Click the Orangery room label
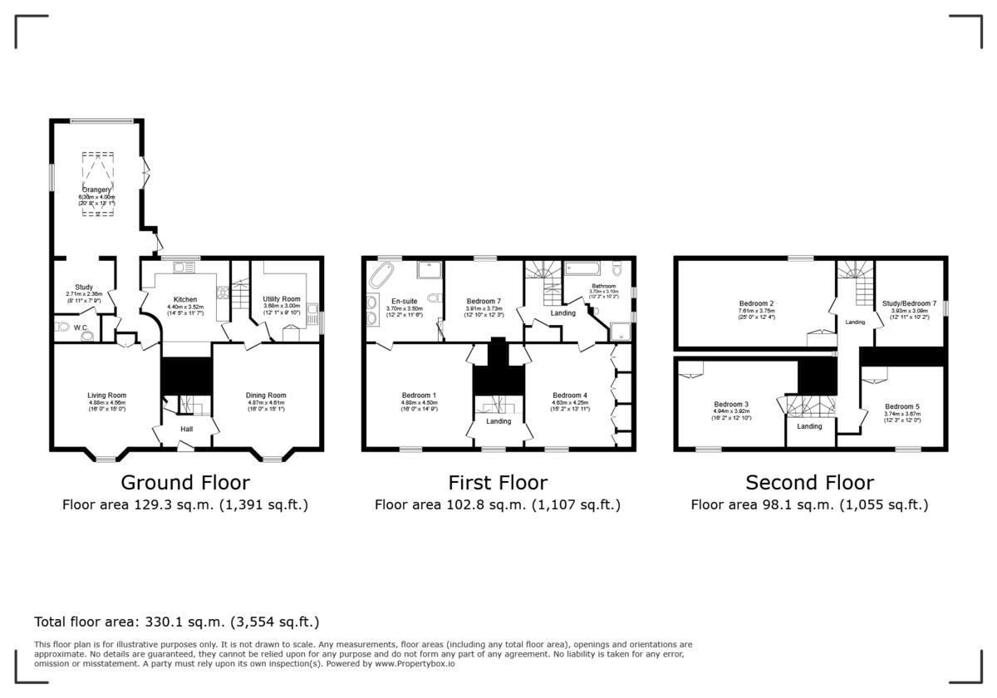point(96,189)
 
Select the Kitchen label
point(184,299)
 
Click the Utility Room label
point(281,298)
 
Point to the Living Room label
point(106,396)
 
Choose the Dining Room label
point(266,396)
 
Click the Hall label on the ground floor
point(187,429)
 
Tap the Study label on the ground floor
point(84,287)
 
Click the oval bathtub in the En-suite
point(384,271)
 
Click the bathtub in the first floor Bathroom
point(586,268)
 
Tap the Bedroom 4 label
point(570,396)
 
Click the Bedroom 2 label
point(756,303)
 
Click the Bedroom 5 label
point(902,406)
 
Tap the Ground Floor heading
point(185,483)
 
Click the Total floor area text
point(176,622)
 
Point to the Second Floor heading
point(809,483)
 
